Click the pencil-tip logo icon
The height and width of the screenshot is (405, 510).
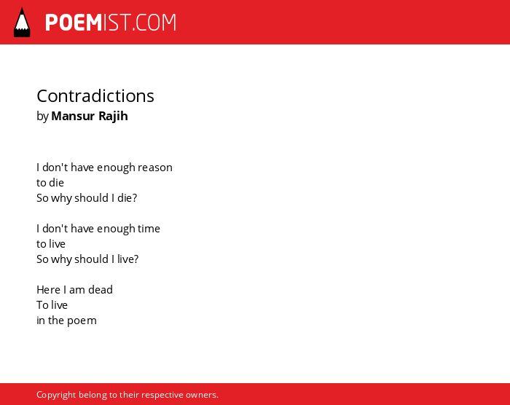[x=22, y=23]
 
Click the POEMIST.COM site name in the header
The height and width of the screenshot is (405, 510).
[x=111, y=23]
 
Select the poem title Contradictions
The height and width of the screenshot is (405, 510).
[x=95, y=96]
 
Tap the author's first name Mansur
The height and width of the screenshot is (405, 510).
[x=73, y=116]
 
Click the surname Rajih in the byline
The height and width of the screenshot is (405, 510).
[x=113, y=117]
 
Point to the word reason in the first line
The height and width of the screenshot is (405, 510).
[x=154, y=168]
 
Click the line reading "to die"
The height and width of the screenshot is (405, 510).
[x=50, y=183]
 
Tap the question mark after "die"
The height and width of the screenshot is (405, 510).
[x=135, y=198]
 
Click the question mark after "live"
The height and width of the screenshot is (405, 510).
[x=136, y=259]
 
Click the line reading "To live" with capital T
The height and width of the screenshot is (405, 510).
[x=52, y=304]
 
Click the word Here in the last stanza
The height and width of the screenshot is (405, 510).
[x=49, y=289]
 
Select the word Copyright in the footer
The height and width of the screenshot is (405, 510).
[x=56, y=395]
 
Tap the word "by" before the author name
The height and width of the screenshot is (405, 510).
[x=42, y=117]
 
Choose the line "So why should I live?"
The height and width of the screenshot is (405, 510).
[x=87, y=259]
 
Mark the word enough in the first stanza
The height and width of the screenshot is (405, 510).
[x=116, y=168]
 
